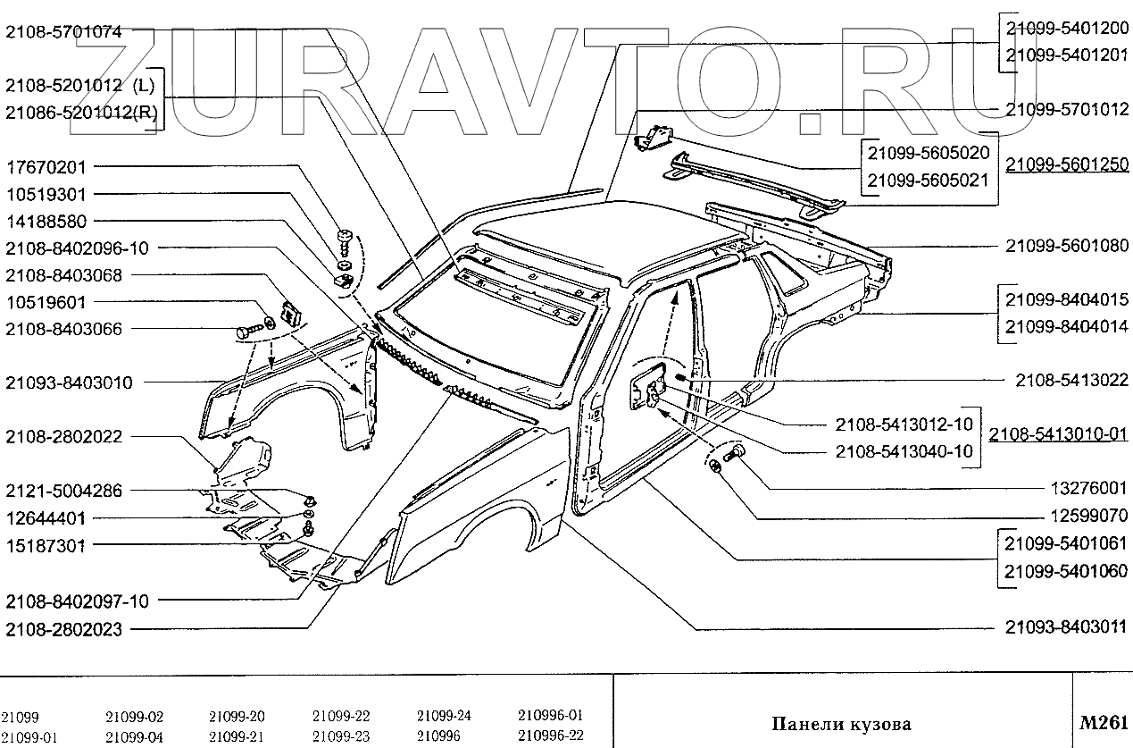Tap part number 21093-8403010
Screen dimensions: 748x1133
69,382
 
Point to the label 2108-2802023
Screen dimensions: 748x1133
63,628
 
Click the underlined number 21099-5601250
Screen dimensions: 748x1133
1067,165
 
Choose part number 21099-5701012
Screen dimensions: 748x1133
1067,110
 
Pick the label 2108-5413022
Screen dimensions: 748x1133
1071,380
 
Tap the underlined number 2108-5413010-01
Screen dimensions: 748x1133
1058,435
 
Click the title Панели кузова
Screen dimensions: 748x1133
841,723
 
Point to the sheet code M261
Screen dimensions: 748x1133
1104,722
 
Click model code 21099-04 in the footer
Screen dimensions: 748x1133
134,735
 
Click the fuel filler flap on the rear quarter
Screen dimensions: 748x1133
649,385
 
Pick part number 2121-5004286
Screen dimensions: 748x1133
63,491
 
